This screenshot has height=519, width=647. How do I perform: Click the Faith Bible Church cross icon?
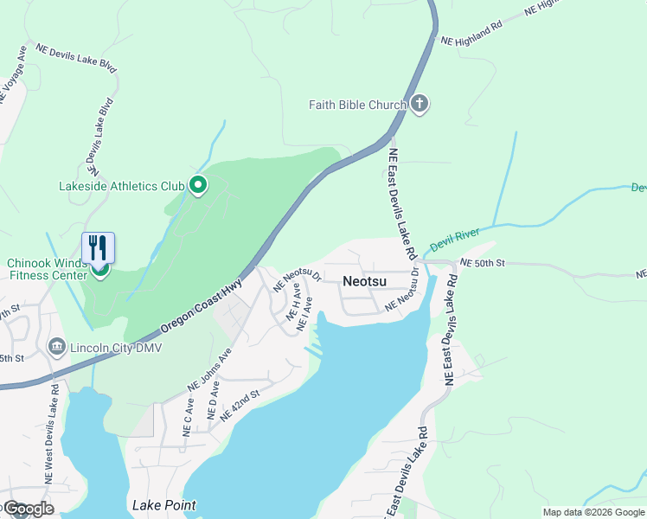pos(420,105)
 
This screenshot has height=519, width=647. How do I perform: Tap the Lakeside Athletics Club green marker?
pos(198,184)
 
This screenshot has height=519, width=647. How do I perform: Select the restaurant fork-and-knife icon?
pos(98,247)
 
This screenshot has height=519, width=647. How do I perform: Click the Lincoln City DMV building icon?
pos(57,347)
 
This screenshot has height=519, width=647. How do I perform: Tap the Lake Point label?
pos(163,505)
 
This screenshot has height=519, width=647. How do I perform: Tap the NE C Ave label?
pos(188,417)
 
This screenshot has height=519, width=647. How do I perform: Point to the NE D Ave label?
pos(213,404)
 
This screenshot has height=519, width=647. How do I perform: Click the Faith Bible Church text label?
pos(358,106)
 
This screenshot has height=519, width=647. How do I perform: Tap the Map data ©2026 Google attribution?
pos(594,512)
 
